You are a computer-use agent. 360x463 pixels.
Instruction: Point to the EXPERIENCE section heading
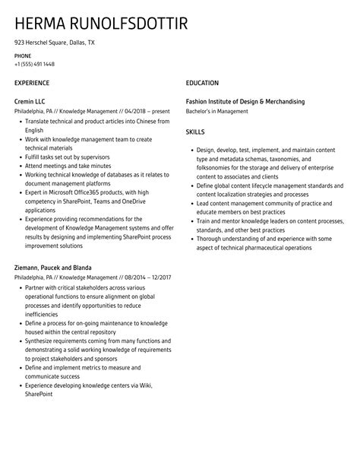[x=32, y=83]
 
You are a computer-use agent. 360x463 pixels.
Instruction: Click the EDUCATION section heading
[x=202, y=83]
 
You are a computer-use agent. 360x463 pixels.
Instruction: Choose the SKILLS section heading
[x=196, y=132]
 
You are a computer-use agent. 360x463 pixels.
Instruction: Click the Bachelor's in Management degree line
[x=217, y=111]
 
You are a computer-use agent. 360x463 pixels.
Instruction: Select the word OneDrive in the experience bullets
[x=129, y=202]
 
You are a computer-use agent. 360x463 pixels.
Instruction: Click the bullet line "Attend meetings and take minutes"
[x=68, y=166]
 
